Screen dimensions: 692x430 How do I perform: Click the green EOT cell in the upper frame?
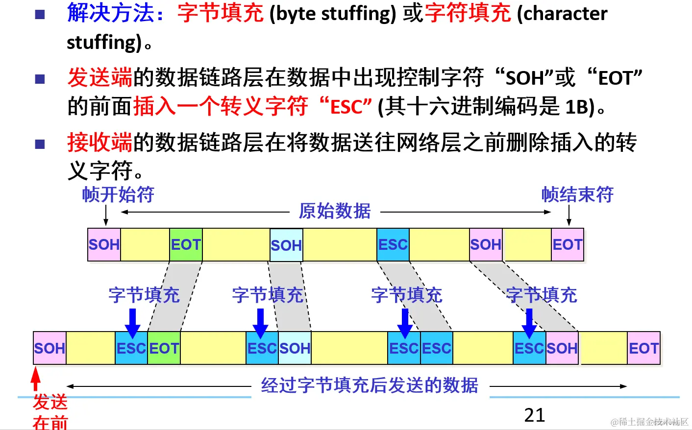coord(186,244)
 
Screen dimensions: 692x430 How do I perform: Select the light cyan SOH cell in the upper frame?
coord(286,245)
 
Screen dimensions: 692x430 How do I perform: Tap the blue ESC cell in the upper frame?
coord(393,244)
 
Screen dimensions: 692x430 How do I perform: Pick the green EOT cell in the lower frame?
coord(164,348)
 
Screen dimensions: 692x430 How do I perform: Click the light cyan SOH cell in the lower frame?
coord(295,348)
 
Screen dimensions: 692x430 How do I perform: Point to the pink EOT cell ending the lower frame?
coord(643,348)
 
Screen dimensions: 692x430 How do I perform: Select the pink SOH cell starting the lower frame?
coord(49,348)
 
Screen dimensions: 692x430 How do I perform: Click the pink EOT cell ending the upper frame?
coord(568,244)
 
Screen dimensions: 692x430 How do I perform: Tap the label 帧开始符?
coord(118,195)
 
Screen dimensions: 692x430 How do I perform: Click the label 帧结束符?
coord(577,195)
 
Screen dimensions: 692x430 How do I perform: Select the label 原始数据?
coord(335,211)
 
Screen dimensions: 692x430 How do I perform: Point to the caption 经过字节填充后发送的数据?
coord(370,385)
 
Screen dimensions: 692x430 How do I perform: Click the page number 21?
coord(534,415)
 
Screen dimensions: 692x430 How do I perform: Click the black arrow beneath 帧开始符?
coord(106,215)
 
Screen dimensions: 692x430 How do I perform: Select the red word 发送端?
coord(100,77)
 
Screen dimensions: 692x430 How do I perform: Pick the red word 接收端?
coord(100,143)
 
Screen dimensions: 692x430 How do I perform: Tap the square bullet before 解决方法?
coord(40,14)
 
